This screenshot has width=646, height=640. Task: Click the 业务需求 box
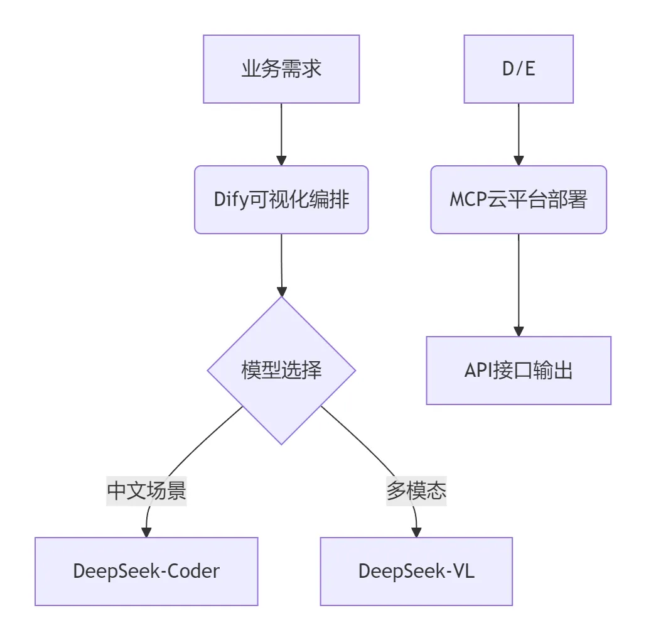(x=281, y=69)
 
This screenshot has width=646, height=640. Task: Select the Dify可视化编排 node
(x=281, y=200)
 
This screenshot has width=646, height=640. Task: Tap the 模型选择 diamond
(x=281, y=371)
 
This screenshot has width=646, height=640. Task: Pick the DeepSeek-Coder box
(x=146, y=571)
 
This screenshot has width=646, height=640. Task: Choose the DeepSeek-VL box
(x=416, y=571)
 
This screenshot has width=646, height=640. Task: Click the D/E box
(x=519, y=69)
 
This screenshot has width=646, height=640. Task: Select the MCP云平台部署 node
(x=519, y=200)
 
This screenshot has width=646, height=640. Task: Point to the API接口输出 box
(x=519, y=371)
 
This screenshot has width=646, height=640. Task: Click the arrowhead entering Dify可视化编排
(x=281, y=160)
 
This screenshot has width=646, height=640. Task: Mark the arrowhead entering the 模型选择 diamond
(x=282, y=291)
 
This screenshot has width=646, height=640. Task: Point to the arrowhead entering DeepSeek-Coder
(x=146, y=531)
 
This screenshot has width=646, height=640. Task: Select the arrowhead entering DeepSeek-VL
(x=416, y=531)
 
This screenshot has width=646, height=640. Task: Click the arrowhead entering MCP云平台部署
(x=519, y=160)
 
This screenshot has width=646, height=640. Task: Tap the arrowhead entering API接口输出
(x=519, y=330)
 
